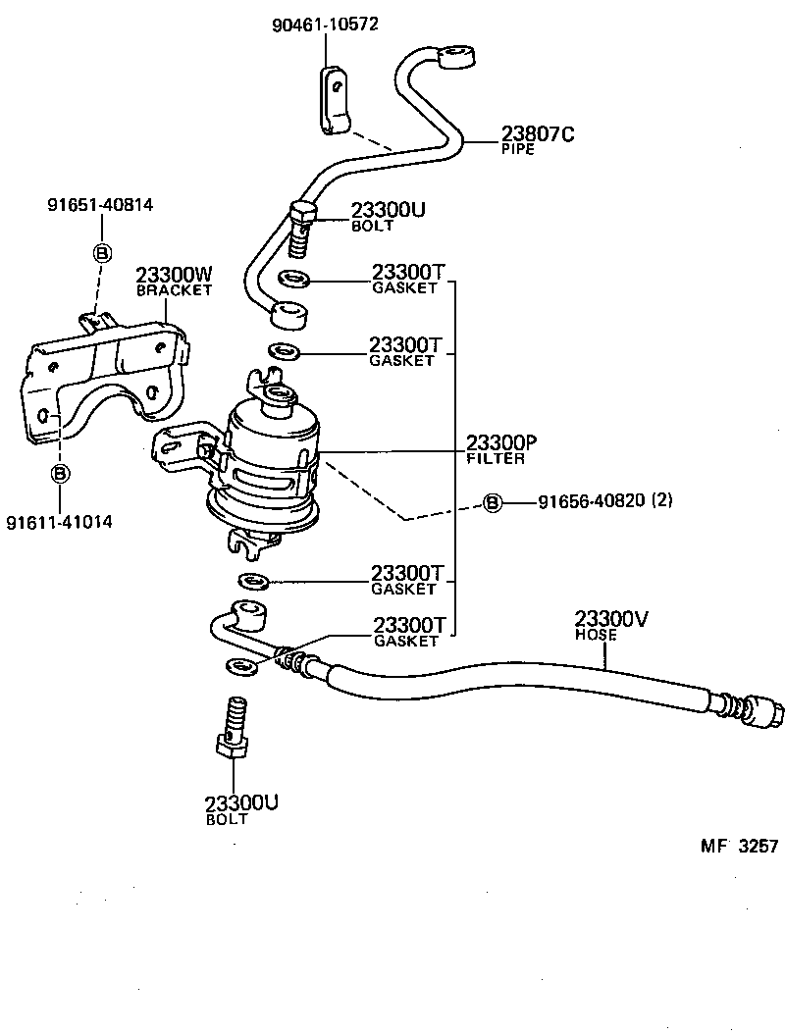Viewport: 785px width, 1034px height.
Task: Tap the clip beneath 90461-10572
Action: (x=334, y=102)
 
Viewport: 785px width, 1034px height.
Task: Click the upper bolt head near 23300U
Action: (x=301, y=213)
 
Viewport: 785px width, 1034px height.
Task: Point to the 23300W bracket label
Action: (x=175, y=279)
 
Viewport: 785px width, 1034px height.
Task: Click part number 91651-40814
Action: (x=100, y=205)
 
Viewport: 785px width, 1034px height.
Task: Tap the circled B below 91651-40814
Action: (x=101, y=252)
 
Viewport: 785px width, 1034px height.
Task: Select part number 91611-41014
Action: (x=59, y=522)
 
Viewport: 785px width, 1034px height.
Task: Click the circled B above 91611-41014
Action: (x=60, y=474)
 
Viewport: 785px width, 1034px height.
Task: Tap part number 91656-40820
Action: (x=591, y=502)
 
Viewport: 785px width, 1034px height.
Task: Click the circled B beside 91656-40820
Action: (x=493, y=503)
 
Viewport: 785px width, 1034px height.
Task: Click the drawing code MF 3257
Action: (x=739, y=846)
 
